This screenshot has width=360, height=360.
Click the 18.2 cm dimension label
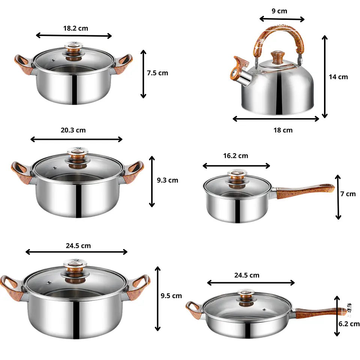coord(75,28)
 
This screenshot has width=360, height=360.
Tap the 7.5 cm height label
coord(157,73)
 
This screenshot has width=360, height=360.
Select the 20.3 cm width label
coord(73,130)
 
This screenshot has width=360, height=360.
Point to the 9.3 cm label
coord(168,180)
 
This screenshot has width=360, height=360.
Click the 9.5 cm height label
coord(171,296)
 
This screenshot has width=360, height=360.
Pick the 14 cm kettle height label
coord(338,77)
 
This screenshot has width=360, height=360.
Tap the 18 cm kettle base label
coord(283,130)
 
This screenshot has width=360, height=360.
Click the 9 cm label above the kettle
coord(279,11)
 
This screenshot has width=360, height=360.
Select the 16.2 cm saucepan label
coord(236,156)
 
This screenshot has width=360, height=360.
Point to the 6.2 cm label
coord(349,324)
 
